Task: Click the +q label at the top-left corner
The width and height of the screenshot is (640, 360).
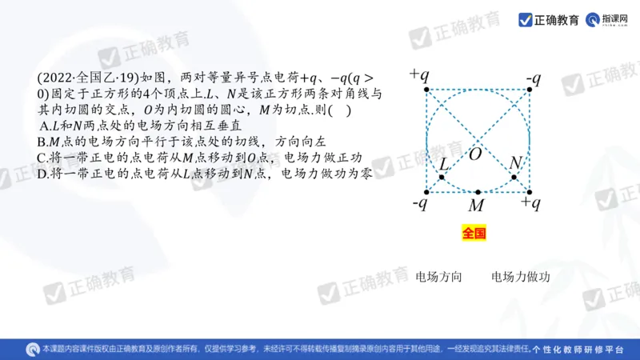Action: point(419,75)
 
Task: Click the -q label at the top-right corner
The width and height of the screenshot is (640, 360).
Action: point(534,78)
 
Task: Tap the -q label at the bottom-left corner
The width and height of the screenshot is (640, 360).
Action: point(419,204)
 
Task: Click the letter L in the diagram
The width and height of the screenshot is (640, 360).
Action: point(445,163)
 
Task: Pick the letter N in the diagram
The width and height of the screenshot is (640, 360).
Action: point(516,163)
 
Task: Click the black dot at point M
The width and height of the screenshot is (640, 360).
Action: point(478,193)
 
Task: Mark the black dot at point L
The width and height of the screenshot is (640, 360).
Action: point(442,176)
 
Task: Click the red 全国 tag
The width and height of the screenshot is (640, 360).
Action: point(474,234)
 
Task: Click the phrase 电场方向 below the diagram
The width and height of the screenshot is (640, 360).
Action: point(439,278)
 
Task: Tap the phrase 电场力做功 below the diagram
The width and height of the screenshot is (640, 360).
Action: point(521,278)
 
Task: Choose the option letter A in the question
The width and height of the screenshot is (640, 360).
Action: point(43,126)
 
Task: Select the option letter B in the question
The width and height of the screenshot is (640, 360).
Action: point(42,141)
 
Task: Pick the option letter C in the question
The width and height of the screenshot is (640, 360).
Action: point(42,157)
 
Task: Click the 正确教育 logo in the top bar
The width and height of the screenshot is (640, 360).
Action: point(549,19)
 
